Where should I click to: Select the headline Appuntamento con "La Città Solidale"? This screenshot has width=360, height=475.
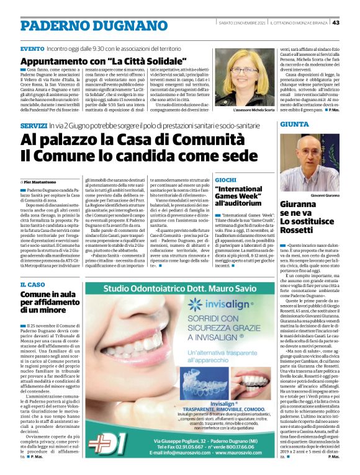click(x=104, y=62)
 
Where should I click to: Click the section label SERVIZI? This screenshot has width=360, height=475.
click(x=33, y=125)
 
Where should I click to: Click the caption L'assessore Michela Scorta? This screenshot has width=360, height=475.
click(x=241, y=110)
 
